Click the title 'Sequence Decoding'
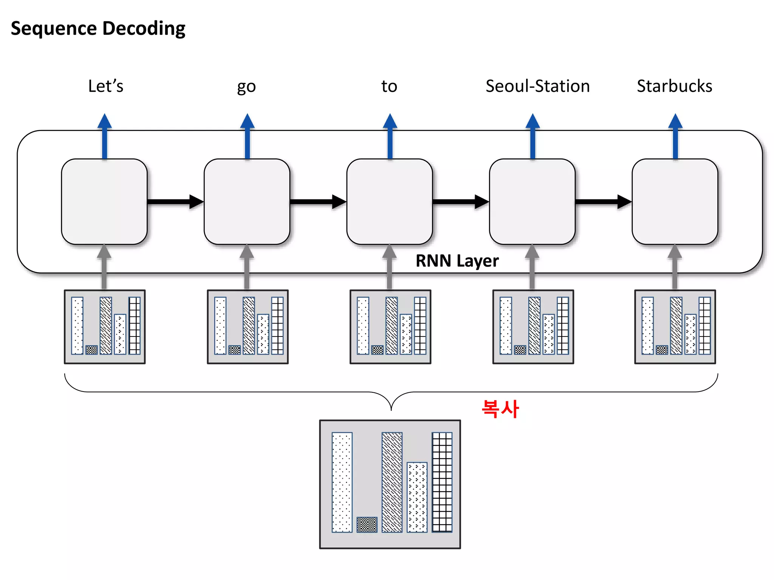coord(98,29)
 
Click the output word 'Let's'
coord(105,86)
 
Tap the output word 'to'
coord(389,86)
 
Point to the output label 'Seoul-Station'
coord(537,86)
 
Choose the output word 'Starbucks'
coord(674,86)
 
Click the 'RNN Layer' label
coord(457,261)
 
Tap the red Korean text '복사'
coord(500,409)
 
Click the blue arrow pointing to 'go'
coord(247,136)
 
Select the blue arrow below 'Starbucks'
coord(675,136)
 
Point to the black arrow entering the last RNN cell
coord(603,202)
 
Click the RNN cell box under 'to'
coord(389,202)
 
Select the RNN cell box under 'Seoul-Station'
coord(532,202)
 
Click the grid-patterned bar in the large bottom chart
coord(442,482)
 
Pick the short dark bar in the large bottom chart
coord(367,524)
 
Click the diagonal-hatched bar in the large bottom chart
coord(392,482)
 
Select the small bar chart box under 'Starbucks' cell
coord(675,327)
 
